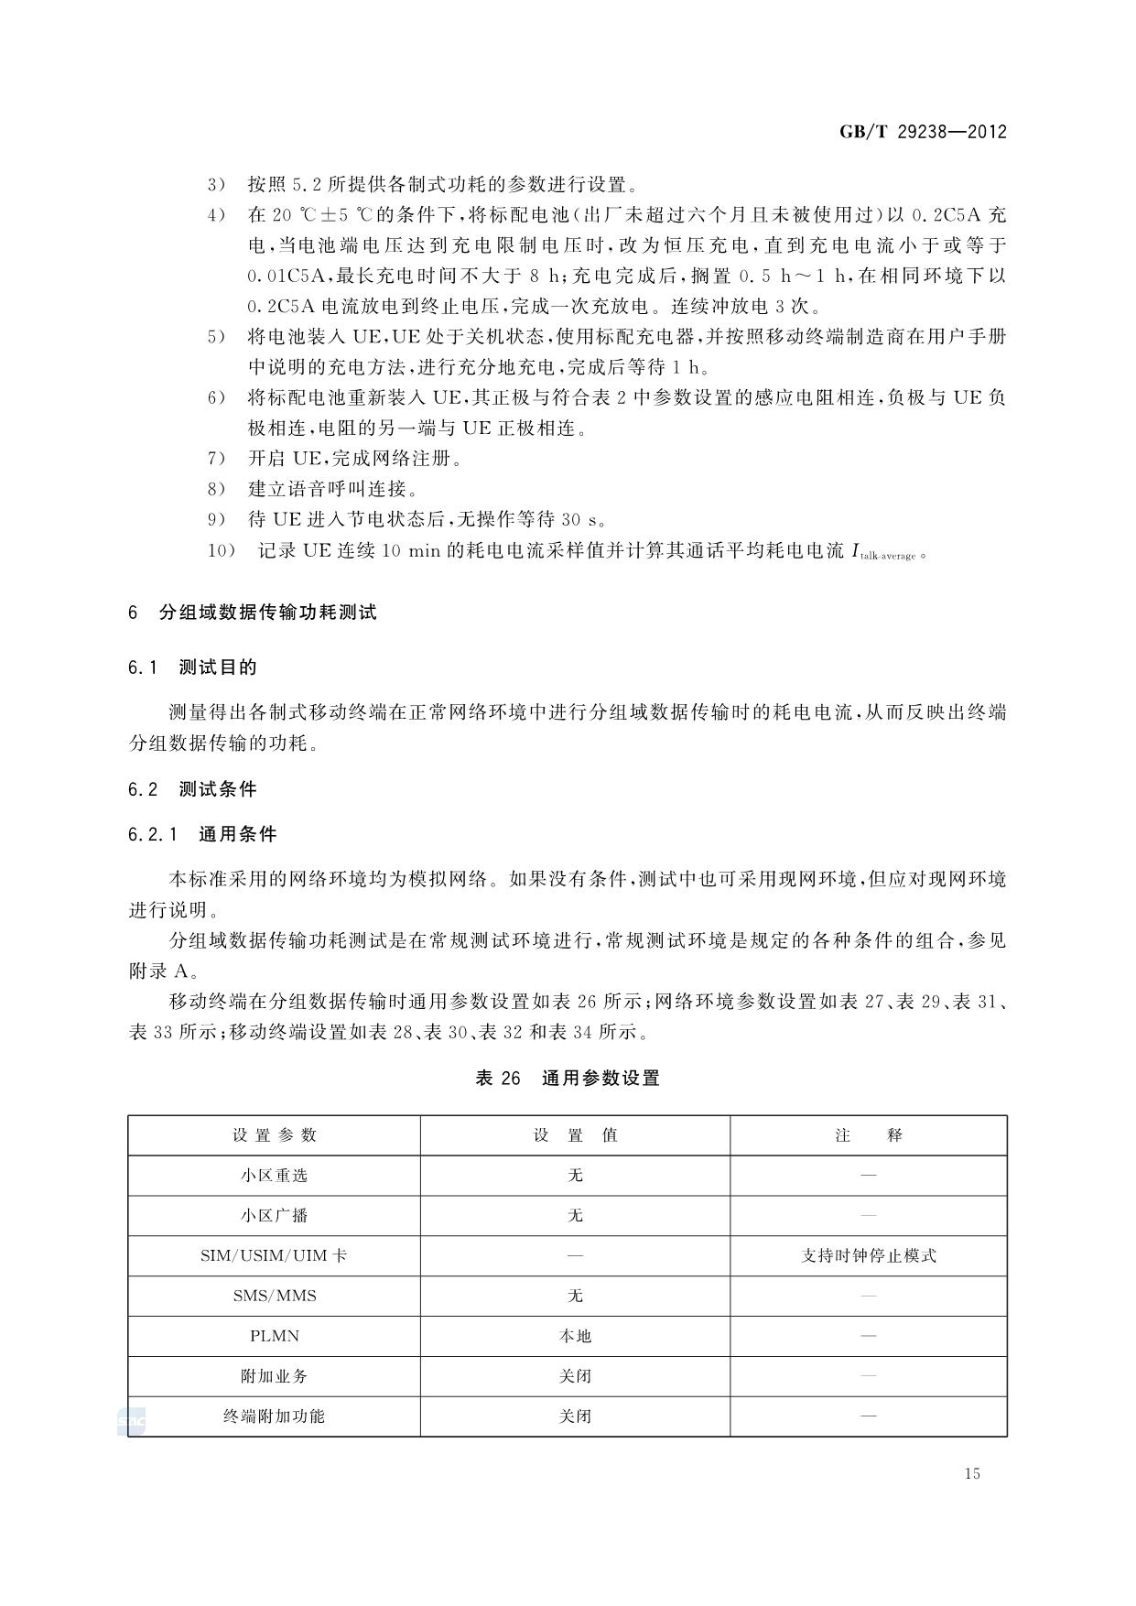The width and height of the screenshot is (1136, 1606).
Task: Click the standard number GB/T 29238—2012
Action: [922, 132]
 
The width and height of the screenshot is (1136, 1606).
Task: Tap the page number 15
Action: [971, 1473]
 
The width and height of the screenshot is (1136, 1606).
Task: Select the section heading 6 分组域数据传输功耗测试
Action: [253, 613]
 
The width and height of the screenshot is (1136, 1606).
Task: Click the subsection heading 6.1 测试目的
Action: [192, 667]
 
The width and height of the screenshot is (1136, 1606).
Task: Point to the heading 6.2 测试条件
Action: [192, 789]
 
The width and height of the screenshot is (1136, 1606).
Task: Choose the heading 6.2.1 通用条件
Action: [202, 834]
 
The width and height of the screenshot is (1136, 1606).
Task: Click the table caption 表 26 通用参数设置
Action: [568, 1079]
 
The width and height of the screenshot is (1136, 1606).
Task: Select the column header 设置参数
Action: [274, 1135]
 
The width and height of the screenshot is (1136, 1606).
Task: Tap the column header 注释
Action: [868, 1135]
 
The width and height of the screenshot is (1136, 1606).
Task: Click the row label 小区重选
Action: [274, 1176]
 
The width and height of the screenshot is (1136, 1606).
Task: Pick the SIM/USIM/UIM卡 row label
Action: [274, 1256]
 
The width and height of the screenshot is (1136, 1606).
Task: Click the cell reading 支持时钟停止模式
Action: [868, 1256]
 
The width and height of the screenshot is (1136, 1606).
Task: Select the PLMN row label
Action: [274, 1337]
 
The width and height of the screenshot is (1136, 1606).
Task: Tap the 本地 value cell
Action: [575, 1337]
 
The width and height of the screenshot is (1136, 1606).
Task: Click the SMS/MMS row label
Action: [274, 1297]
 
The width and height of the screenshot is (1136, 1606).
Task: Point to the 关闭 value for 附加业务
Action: [575, 1376]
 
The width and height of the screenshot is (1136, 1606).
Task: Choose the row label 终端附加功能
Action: [274, 1416]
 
